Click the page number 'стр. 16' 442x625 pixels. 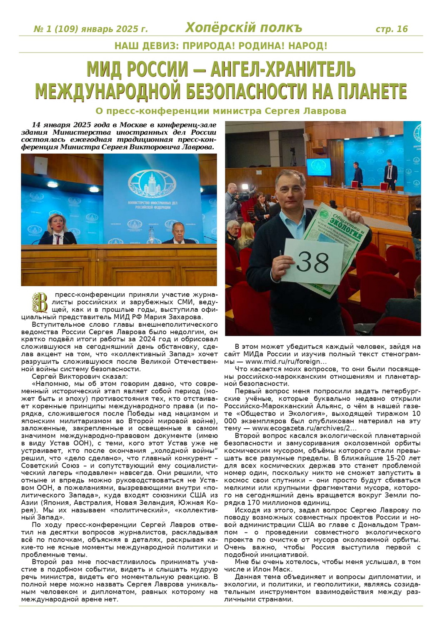pos(392,29)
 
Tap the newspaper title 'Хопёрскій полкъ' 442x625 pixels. pos(244,28)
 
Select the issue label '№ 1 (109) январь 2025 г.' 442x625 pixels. pos(90,29)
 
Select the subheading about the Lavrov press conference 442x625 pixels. pos(221,111)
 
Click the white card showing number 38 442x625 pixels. pos(312,262)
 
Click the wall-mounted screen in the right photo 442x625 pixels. pos(319,167)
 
